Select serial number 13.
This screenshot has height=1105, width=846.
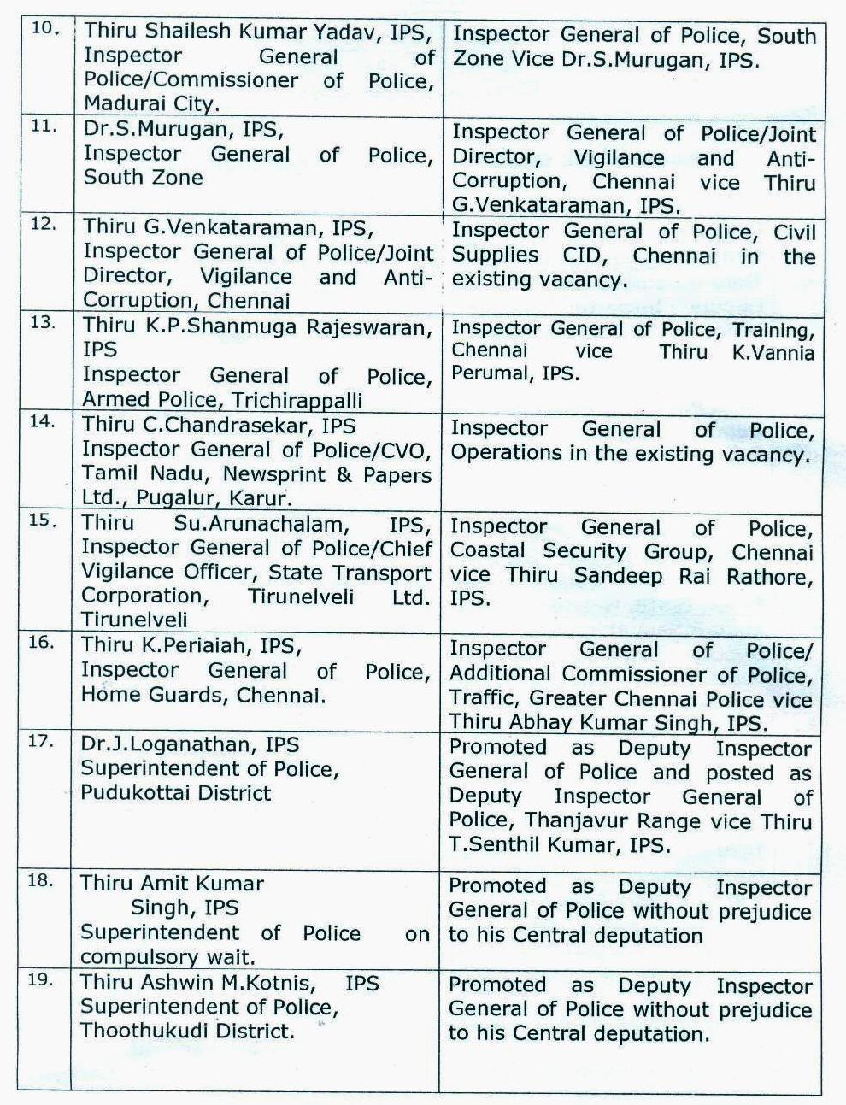pyautogui.click(x=43, y=323)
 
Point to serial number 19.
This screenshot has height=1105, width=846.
pyautogui.click(x=41, y=979)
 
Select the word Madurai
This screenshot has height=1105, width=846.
pyautogui.click(x=124, y=103)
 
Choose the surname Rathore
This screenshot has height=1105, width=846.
pyautogui.click(x=767, y=576)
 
